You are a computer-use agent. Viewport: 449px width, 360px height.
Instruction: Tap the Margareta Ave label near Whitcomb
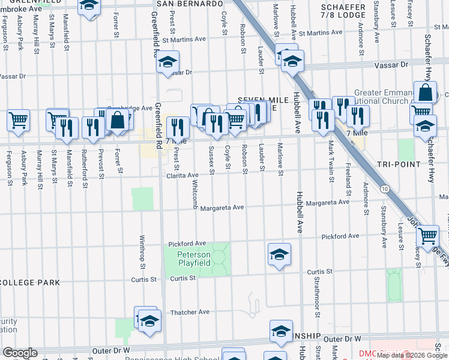tap(222, 208)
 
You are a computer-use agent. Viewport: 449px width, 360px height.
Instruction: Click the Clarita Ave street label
tap(182, 175)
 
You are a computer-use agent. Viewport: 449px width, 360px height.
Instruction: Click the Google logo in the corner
tap(20, 353)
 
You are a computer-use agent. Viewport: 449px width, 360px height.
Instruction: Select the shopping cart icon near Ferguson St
tap(18, 119)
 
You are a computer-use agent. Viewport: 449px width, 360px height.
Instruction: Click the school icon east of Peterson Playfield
tap(279, 254)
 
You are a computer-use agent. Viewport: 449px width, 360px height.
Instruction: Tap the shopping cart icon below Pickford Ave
tap(427, 236)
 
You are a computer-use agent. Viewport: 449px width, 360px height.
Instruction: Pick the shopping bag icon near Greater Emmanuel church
tap(425, 93)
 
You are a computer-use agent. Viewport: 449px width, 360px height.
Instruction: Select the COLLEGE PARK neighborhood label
tap(32, 282)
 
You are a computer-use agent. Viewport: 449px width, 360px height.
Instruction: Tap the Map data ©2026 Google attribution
tap(412, 355)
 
